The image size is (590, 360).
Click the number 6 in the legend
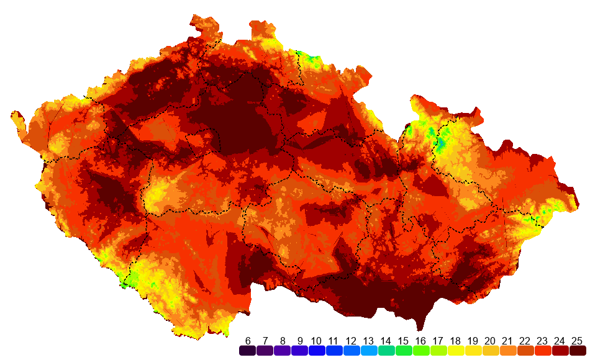[x=248, y=341]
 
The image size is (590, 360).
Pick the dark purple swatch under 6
[x=248, y=351]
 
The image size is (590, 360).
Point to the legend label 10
[x=317, y=341]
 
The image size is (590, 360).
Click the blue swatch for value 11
[x=334, y=351]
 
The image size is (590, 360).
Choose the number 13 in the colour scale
[x=369, y=341]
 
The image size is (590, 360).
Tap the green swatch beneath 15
[x=404, y=351]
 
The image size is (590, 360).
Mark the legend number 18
[x=456, y=341]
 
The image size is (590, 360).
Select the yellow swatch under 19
[x=473, y=351]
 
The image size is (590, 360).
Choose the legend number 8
[x=283, y=341]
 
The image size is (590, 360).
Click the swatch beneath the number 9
[x=300, y=351]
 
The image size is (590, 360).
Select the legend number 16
[x=421, y=341]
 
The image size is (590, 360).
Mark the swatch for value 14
[x=386, y=351]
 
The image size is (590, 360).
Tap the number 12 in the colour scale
[x=352, y=341]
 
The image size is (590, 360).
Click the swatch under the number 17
[x=438, y=351]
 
